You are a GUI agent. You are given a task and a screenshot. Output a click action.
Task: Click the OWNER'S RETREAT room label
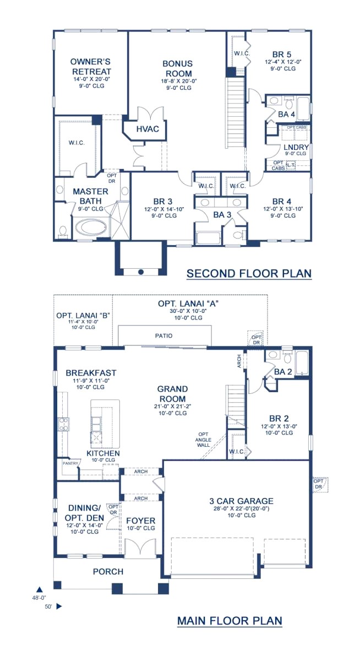(91, 67)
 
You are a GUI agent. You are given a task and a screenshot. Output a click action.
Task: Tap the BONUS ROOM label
(177, 69)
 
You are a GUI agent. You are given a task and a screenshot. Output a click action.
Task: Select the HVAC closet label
(147, 129)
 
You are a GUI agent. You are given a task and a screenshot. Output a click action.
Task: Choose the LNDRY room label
(293, 148)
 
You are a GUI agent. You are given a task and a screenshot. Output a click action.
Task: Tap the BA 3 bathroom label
(222, 215)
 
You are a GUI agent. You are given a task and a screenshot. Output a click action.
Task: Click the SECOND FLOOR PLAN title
(249, 273)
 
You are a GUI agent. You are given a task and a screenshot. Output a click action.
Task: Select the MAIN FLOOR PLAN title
(230, 621)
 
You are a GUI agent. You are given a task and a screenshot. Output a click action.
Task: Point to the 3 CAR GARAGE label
(241, 501)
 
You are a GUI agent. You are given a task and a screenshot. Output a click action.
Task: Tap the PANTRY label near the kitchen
(70, 464)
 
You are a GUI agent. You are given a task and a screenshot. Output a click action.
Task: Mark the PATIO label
(163, 335)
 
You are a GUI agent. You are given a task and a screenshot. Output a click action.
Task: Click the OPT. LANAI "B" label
(83, 316)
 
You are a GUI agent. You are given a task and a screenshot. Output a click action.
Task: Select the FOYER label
(141, 521)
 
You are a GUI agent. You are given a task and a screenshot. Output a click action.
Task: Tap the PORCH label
(108, 571)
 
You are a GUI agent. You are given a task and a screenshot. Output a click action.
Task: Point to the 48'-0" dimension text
(39, 597)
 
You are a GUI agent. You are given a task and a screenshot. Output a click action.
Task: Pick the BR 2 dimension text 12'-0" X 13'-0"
(279, 426)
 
